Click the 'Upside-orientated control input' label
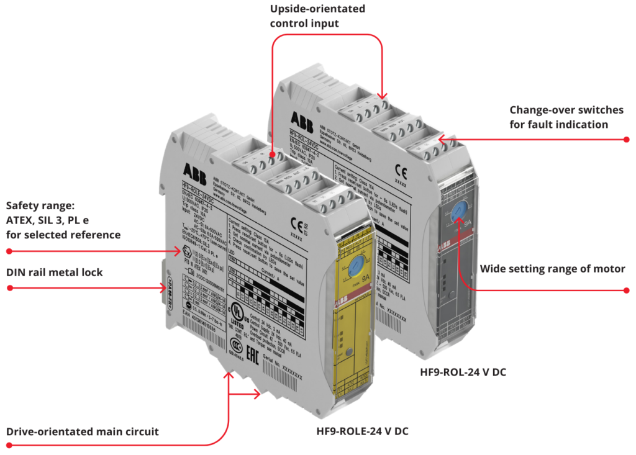317,16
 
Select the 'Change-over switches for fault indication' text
566,117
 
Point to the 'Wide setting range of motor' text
552,269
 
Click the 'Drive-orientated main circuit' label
83,431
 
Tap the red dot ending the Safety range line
9,251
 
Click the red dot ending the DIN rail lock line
9,287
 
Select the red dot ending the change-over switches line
626,139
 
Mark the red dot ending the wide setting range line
626,290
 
